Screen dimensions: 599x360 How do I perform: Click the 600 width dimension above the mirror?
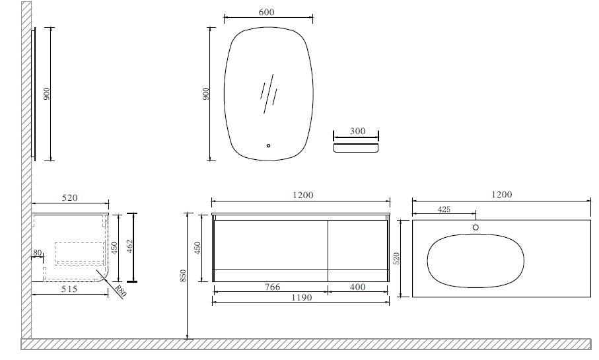[266, 13]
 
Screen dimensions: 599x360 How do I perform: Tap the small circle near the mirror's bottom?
[269, 145]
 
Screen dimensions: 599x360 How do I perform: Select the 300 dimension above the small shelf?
[357, 131]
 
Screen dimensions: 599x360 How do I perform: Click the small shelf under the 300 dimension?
[356, 148]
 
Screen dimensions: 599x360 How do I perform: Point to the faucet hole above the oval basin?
[476, 227]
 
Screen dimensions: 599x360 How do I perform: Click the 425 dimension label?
[444, 209]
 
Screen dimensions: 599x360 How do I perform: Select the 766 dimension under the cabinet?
[272, 287]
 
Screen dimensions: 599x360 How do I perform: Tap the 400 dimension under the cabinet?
[357, 287]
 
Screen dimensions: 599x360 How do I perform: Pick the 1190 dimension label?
[302, 297]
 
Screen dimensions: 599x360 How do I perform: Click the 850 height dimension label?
[183, 276]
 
